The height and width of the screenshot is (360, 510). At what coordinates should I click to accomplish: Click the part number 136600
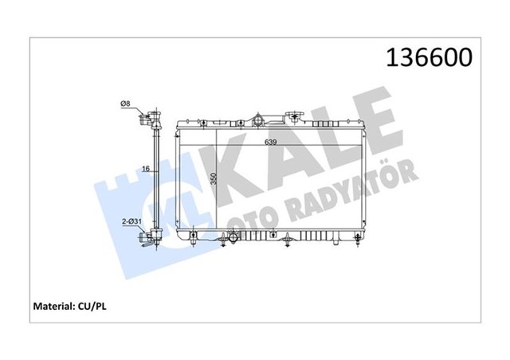429,57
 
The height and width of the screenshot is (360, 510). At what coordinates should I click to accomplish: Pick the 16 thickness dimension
146,169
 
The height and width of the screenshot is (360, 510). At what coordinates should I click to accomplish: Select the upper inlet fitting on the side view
147,121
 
